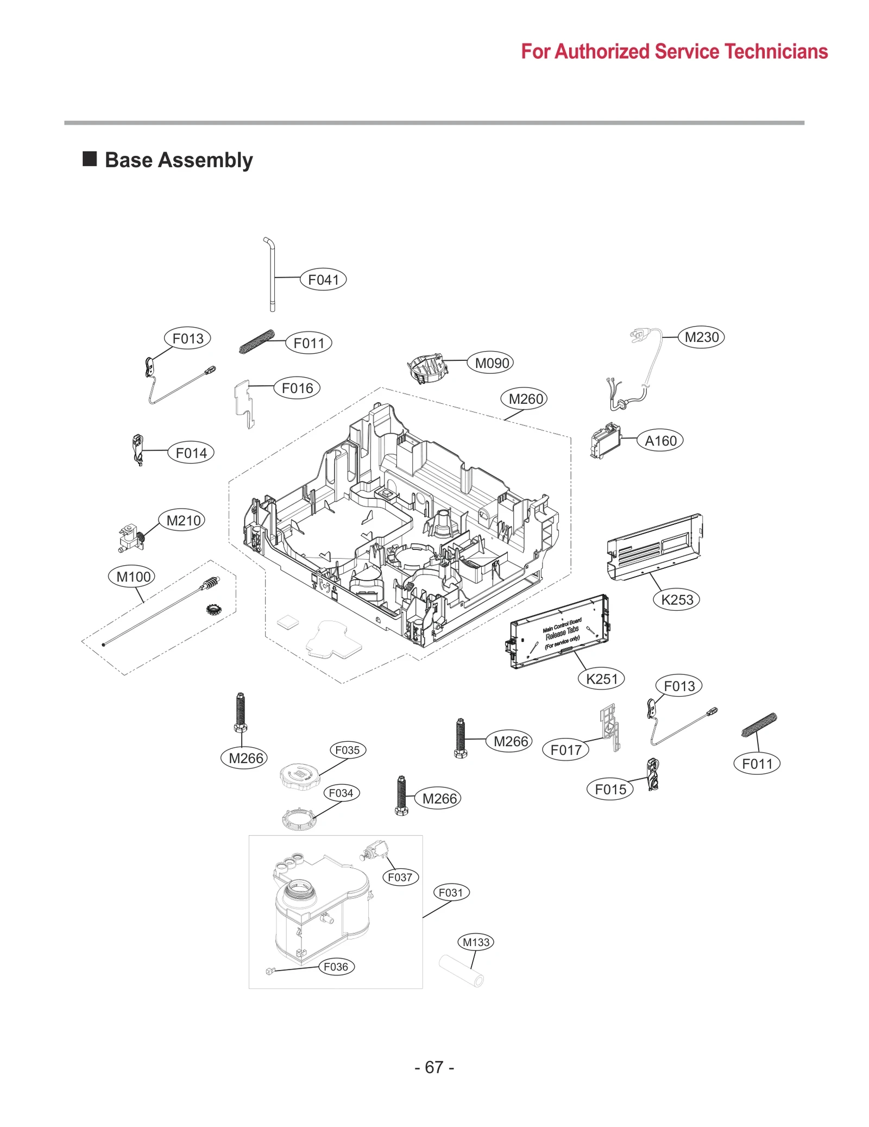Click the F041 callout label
(323, 280)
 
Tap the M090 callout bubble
(492, 363)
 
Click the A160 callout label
(660, 441)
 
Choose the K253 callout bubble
(677, 600)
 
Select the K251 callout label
(602, 679)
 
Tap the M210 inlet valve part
(130, 537)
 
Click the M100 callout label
(133, 577)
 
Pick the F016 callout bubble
(297, 388)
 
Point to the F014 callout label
(191, 453)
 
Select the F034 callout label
(341, 793)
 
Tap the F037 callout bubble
(400, 877)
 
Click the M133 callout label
(476, 942)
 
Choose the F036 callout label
(336, 967)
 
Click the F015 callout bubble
(610, 789)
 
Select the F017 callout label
(566, 750)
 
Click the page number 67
(434, 1067)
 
